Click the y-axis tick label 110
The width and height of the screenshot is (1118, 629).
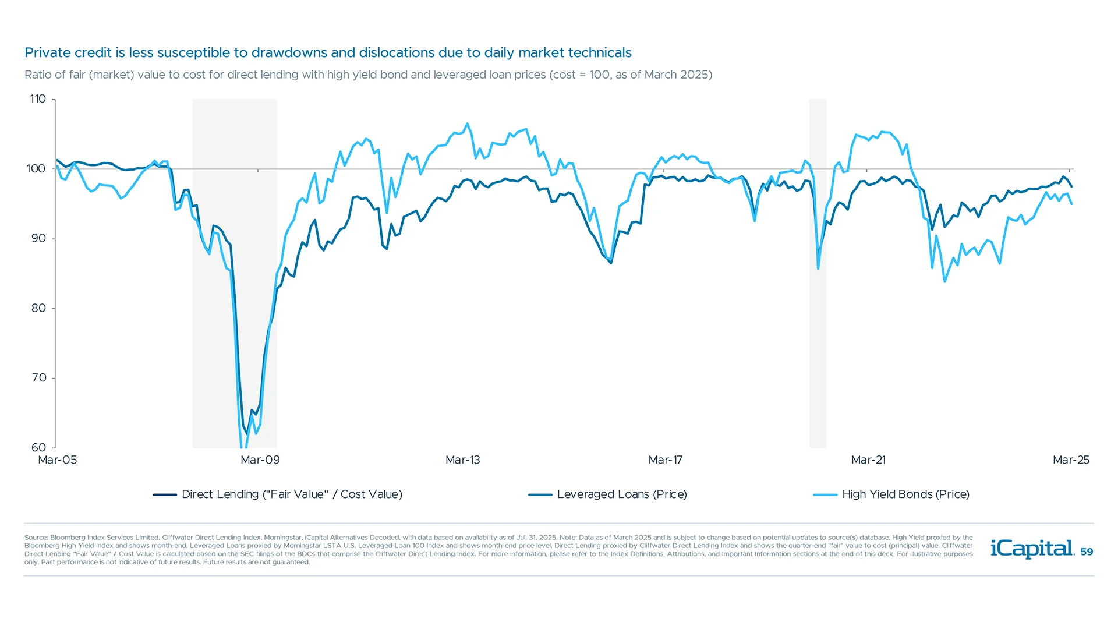click(x=38, y=99)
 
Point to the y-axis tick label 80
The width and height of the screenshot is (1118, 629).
click(x=38, y=308)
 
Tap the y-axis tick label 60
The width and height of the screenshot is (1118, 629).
click(x=38, y=447)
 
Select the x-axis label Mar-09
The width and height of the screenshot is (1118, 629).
click(x=260, y=460)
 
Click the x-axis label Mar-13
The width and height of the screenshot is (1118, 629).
click(x=462, y=460)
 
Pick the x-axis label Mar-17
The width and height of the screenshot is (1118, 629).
click(x=665, y=460)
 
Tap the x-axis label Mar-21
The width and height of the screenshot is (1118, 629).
click(x=868, y=460)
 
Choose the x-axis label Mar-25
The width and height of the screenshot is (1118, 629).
click(x=1070, y=460)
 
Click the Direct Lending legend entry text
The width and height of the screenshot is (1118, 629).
click(x=292, y=494)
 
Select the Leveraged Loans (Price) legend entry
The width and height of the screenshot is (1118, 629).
click(x=621, y=494)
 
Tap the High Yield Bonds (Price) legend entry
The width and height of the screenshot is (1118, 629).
click(x=905, y=494)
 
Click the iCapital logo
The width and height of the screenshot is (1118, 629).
click(x=1032, y=549)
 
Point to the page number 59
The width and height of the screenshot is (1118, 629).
click(x=1087, y=552)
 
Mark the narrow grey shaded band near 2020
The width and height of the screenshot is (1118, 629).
click(x=818, y=274)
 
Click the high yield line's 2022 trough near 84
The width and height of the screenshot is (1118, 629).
click(x=944, y=281)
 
